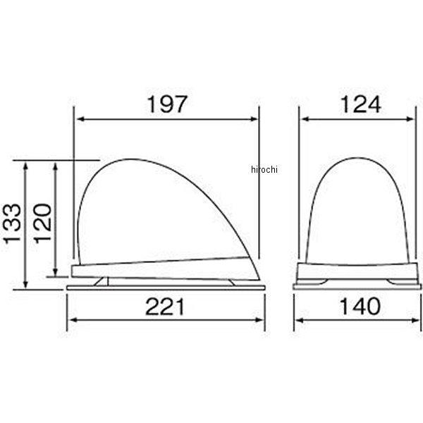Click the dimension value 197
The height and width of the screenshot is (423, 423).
167,104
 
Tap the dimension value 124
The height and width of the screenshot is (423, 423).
361,104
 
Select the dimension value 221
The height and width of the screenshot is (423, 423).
165,307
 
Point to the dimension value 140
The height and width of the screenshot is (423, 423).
360,307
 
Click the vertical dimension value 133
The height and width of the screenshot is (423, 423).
12,223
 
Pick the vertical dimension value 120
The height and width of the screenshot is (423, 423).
42,223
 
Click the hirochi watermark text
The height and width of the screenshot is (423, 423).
264,169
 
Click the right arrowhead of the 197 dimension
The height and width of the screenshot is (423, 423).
254,119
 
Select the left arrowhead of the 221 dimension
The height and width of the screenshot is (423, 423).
73,320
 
